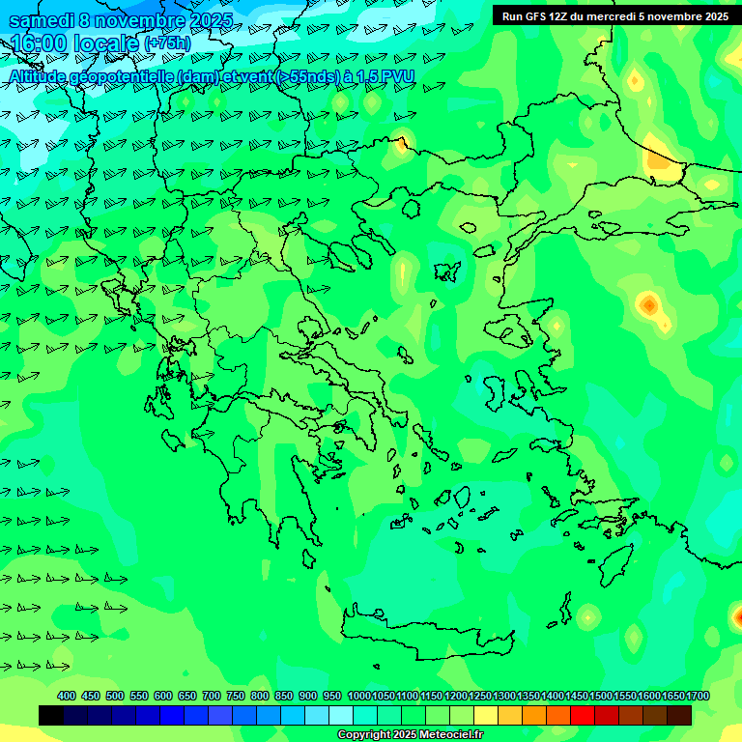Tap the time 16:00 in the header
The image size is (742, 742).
[38, 43]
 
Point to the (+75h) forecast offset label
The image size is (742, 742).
[167, 43]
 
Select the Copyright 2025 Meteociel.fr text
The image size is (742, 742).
[410, 735]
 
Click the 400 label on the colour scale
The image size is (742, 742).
[67, 696]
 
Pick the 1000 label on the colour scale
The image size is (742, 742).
[358, 696]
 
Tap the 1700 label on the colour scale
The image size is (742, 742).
[698, 696]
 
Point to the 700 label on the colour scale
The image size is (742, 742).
[212, 696]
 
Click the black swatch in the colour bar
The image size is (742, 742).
[51, 715]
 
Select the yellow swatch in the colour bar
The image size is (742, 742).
[486, 715]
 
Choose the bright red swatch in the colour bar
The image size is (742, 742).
[583, 715]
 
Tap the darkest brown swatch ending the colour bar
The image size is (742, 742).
[679, 715]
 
